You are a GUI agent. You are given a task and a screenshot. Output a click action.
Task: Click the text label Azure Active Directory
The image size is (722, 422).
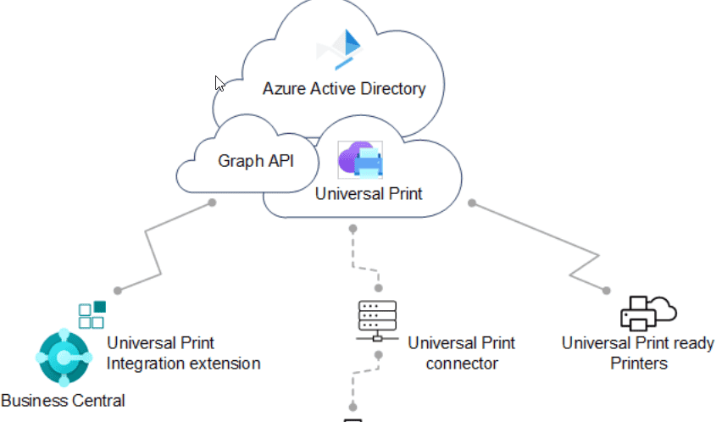click(x=343, y=88)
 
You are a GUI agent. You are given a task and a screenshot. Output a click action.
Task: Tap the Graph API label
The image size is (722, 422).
click(x=256, y=161)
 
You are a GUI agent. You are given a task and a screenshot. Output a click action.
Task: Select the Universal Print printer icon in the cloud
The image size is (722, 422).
click(x=360, y=160)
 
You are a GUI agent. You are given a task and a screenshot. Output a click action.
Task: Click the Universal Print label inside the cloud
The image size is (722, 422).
click(x=369, y=194)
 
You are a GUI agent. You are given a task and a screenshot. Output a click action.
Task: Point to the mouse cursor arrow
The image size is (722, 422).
click(x=219, y=83)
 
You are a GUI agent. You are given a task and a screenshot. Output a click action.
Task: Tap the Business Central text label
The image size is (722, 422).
click(x=63, y=400)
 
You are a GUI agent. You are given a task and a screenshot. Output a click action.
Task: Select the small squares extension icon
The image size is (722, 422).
click(x=92, y=314)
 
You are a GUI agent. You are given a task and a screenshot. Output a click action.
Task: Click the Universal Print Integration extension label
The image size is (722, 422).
click(x=183, y=353)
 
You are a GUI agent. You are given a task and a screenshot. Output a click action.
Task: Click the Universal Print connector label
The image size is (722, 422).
click(x=461, y=353)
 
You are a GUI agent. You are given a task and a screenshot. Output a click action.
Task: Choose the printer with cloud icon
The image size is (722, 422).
click(x=648, y=313)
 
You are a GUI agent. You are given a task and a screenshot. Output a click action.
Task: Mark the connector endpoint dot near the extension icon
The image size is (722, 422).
click(x=118, y=291)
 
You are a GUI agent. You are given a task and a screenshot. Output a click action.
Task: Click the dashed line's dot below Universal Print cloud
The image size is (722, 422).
click(x=353, y=228)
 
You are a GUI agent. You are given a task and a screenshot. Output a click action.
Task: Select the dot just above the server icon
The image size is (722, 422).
click(x=378, y=289)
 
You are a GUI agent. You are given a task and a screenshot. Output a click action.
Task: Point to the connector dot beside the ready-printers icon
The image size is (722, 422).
click(x=605, y=290)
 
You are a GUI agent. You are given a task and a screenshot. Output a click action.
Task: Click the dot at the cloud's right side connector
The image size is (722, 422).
click(x=473, y=203)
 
